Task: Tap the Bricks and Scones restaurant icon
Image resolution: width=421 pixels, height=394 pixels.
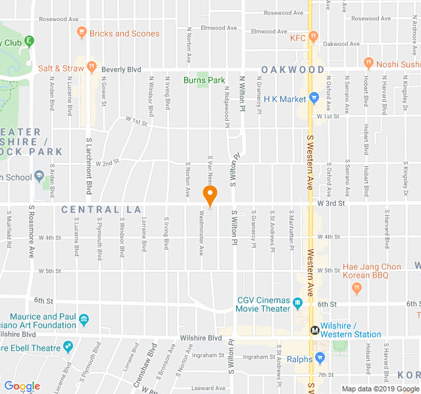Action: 82,33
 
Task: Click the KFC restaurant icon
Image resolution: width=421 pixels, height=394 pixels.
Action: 314,37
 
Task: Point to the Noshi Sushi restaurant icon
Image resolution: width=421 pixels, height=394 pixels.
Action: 370,64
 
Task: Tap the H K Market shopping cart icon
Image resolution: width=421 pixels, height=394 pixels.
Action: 314,98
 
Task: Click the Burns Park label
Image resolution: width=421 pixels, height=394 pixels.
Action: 204,80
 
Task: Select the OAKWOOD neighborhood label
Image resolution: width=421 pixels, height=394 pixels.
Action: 293,70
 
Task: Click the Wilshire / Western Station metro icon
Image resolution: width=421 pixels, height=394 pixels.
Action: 314,330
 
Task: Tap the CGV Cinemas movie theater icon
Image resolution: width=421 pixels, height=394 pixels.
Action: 297,304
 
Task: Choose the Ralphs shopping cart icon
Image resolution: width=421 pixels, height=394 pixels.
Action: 320,359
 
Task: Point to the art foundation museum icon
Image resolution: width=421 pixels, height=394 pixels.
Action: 84,320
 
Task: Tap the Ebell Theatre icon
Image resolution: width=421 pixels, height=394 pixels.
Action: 68,347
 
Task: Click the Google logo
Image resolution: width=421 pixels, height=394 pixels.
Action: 22,386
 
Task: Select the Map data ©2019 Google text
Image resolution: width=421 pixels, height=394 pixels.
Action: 379,389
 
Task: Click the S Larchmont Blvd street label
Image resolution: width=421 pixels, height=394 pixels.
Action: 89,166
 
